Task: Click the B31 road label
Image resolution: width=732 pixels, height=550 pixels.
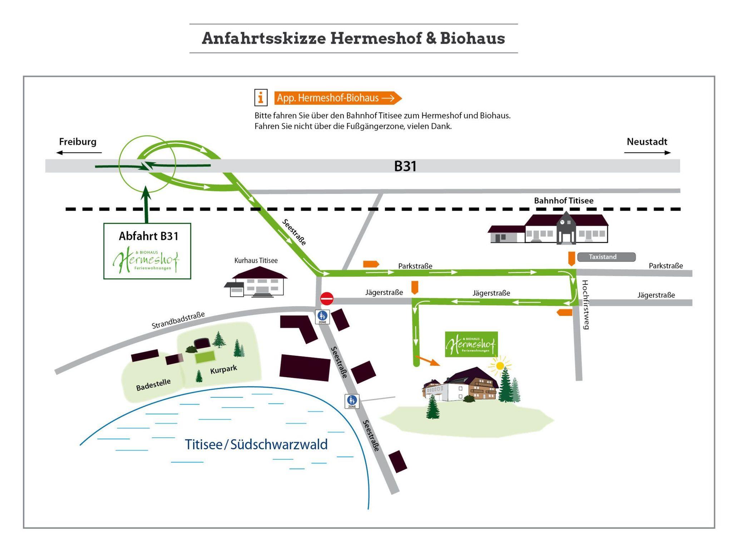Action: (x=405, y=166)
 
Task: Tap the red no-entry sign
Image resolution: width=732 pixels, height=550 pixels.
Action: (x=327, y=299)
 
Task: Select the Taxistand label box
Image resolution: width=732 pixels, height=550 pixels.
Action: (x=606, y=257)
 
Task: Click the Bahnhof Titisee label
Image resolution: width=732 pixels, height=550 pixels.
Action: (x=563, y=201)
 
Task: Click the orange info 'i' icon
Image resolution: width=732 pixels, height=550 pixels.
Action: (x=261, y=98)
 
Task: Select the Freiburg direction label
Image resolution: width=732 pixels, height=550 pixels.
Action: (x=78, y=142)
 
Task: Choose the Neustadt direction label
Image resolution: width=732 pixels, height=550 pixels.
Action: (x=647, y=142)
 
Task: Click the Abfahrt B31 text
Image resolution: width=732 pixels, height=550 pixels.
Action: (x=148, y=236)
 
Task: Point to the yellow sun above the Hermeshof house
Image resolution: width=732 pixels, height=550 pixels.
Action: (x=500, y=365)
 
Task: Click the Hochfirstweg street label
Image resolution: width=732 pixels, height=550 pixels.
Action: (x=585, y=304)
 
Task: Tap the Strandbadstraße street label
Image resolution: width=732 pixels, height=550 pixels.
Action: (x=178, y=320)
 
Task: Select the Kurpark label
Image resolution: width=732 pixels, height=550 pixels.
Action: (x=223, y=369)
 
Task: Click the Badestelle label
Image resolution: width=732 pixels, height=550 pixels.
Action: (x=153, y=385)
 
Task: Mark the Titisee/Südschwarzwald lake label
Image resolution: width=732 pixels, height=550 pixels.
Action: (x=256, y=445)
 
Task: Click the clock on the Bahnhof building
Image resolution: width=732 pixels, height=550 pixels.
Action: (x=562, y=222)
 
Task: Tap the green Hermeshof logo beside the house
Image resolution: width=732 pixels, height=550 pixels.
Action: (x=471, y=344)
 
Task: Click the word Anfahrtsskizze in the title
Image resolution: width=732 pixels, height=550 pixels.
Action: (x=264, y=38)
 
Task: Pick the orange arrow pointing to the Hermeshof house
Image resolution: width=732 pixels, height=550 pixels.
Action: (x=427, y=361)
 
